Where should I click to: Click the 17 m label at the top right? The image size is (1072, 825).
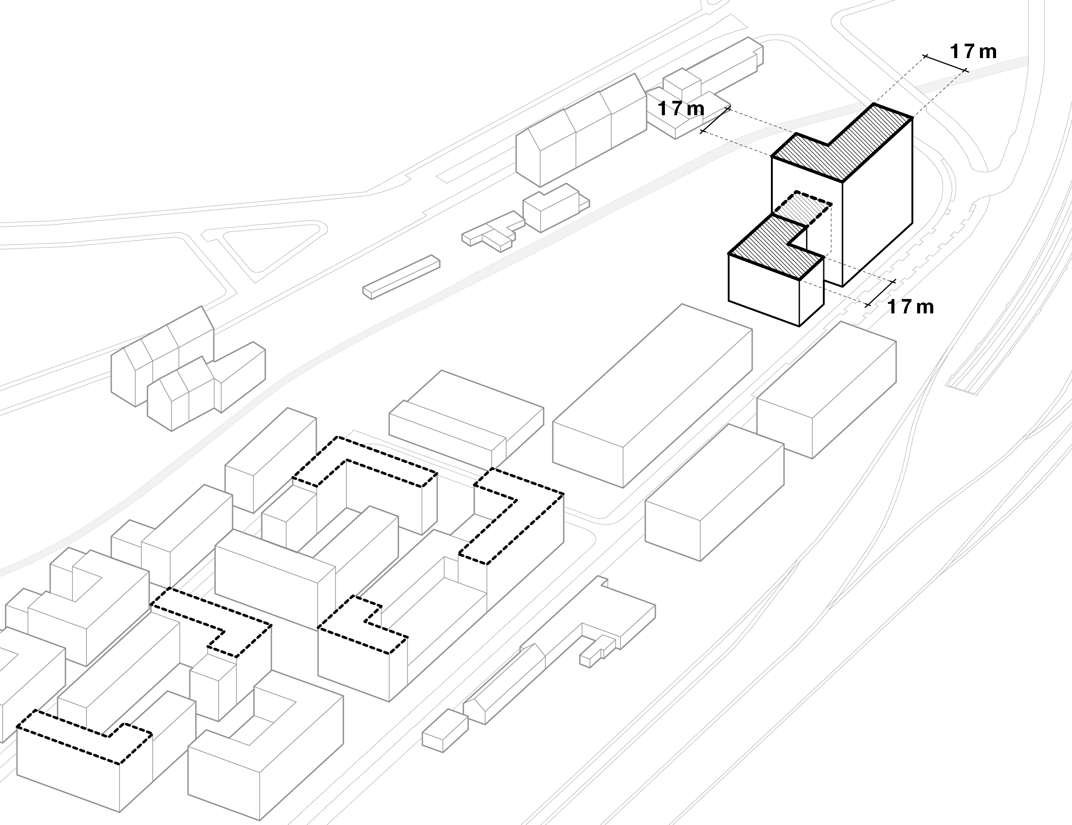[x=973, y=52]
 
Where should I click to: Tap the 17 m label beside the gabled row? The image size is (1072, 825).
[x=681, y=109]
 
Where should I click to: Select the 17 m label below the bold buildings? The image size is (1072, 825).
[x=911, y=307]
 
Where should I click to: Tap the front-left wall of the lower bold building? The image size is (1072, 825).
[x=764, y=290]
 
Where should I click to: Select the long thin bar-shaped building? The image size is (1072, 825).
[x=401, y=276]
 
